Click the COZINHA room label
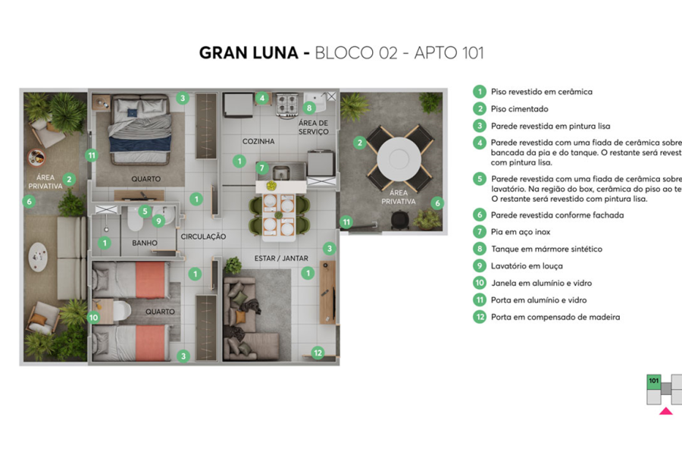[258, 142]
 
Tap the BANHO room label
[144, 243]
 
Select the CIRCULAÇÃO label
[203, 237]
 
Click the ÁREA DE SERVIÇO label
[313, 127]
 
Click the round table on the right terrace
[399, 158]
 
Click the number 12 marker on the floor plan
[318, 352]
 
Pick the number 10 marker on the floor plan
[94, 318]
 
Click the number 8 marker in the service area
[309, 108]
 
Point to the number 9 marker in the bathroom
[158, 221]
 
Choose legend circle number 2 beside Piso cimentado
[479, 108]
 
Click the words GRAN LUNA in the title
[249, 53]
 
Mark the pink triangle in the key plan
[665, 412]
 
